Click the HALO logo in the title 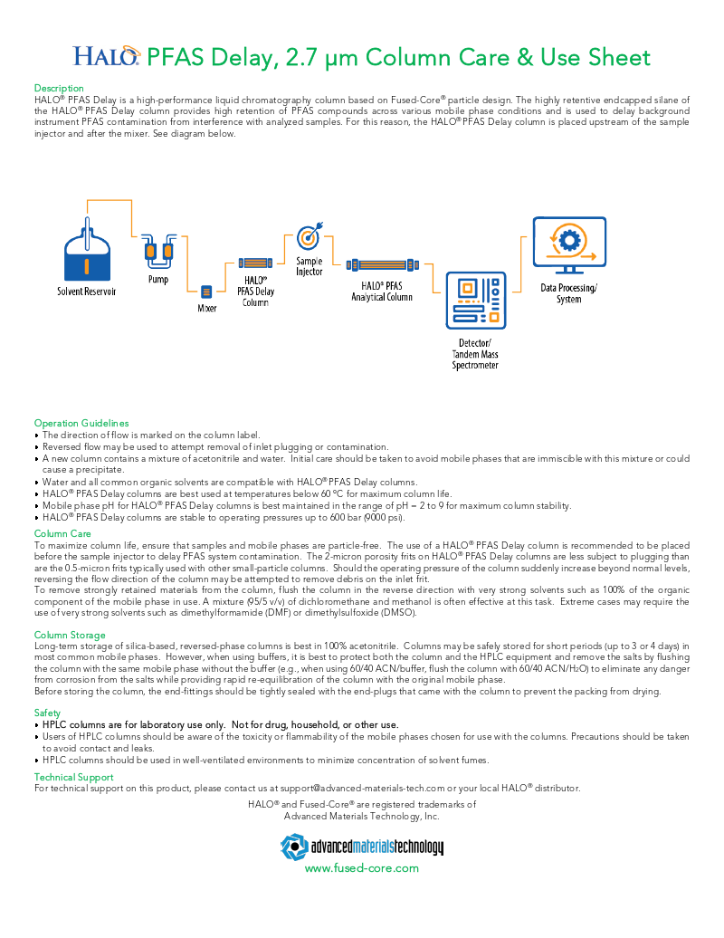(x=107, y=58)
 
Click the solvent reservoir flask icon (x=87, y=253)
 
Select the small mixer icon (x=206, y=292)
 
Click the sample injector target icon (x=309, y=238)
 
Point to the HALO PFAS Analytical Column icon (x=383, y=265)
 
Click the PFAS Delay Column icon (x=256, y=263)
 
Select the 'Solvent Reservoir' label (x=86, y=292)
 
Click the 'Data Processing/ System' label (x=568, y=293)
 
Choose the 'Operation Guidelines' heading (x=81, y=423)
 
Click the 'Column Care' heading (x=62, y=534)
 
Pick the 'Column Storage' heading (x=70, y=635)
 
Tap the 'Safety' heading (x=47, y=713)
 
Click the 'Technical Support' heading (x=73, y=777)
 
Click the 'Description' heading (x=59, y=88)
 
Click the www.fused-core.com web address (x=361, y=867)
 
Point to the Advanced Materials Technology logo (x=361, y=847)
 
